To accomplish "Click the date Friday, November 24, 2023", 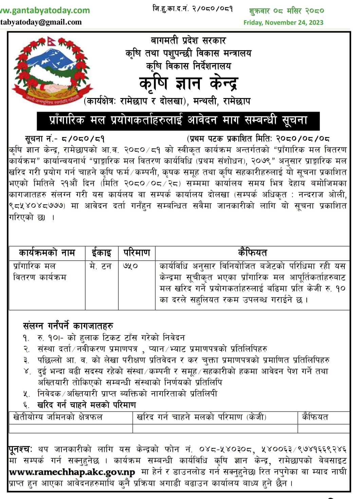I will (283, 23).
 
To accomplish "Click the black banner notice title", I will (178, 120).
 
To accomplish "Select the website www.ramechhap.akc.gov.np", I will (72, 472).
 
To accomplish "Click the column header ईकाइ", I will (101, 253).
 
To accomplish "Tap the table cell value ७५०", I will (130, 266).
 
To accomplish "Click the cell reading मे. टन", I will (100, 266).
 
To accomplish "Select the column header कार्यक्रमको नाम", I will (47, 253).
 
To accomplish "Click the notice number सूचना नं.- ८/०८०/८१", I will (64, 139).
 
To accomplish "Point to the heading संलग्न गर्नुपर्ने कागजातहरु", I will (68, 326).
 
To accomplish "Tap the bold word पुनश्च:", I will (20, 449).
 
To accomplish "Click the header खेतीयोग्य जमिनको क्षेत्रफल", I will (58, 417).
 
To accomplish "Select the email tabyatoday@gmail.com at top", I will (41, 22).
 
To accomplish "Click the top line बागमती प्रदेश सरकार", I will (188, 41).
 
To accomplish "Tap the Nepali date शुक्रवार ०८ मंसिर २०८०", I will (286, 11).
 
